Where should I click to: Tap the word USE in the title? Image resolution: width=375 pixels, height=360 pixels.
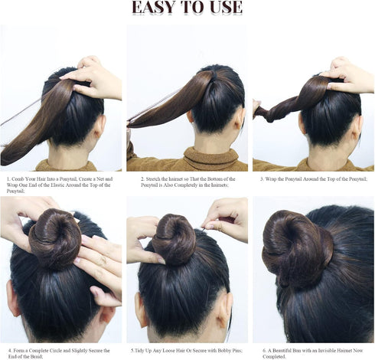[x=226, y=7]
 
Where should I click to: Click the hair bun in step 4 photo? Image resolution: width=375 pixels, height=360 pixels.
[x=55, y=240]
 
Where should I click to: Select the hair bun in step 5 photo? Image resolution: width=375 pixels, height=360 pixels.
[x=174, y=240]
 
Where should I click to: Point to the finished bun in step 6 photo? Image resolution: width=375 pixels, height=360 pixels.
[x=298, y=249]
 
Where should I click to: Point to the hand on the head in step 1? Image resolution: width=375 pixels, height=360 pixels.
[x=93, y=78]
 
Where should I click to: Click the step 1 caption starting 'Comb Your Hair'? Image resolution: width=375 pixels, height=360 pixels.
[x=60, y=185]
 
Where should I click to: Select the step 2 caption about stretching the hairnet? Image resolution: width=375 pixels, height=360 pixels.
[x=188, y=182]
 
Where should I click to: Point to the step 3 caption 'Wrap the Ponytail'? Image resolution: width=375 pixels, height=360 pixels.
[x=314, y=179]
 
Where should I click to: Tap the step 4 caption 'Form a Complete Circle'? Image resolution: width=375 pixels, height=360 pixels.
[x=59, y=353]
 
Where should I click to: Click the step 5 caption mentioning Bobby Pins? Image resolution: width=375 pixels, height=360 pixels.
[x=187, y=351]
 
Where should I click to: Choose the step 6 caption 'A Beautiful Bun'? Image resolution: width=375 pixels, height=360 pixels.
[x=312, y=353]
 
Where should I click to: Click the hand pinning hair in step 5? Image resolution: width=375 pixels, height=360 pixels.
[x=226, y=220]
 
